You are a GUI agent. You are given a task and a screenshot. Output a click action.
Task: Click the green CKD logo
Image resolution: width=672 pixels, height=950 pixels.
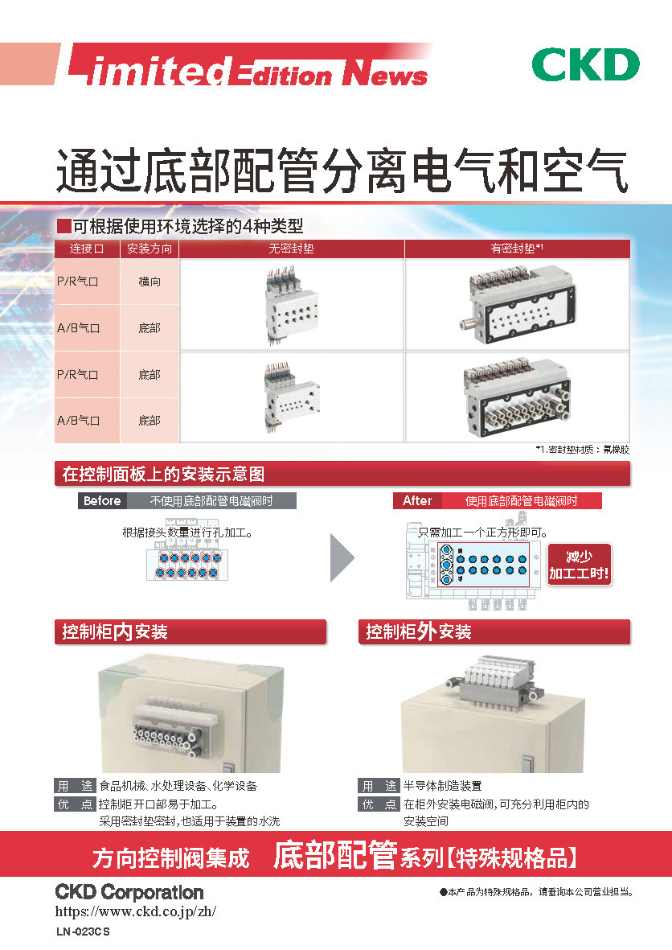click(x=585, y=65)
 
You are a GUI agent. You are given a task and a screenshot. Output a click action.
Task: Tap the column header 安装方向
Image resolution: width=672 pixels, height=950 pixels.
click(x=150, y=249)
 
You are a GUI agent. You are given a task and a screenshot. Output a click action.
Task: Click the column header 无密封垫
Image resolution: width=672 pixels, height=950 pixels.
click(x=291, y=249)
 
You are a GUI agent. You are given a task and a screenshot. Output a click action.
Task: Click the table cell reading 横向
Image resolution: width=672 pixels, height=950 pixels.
click(x=150, y=282)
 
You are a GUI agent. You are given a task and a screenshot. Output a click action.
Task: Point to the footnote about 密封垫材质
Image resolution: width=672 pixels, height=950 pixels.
click(x=582, y=450)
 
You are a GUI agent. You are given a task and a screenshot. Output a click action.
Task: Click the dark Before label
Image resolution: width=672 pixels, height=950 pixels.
click(x=102, y=500)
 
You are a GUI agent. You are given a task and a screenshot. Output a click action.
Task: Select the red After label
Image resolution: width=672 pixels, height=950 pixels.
click(x=417, y=500)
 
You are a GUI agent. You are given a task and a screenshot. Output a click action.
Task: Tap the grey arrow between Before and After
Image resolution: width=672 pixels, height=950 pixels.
click(x=342, y=556)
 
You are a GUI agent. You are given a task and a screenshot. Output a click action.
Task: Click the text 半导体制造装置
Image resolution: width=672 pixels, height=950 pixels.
click(x=443, y=786)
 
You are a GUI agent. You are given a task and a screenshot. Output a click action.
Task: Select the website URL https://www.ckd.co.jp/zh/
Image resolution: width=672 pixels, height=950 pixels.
click(x=136, y=912)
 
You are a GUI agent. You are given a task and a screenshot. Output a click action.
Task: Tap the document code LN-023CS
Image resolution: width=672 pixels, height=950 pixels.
click(x=83, y=932)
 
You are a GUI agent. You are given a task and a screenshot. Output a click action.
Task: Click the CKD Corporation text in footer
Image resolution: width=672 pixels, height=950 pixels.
click(x=129, y=892)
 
